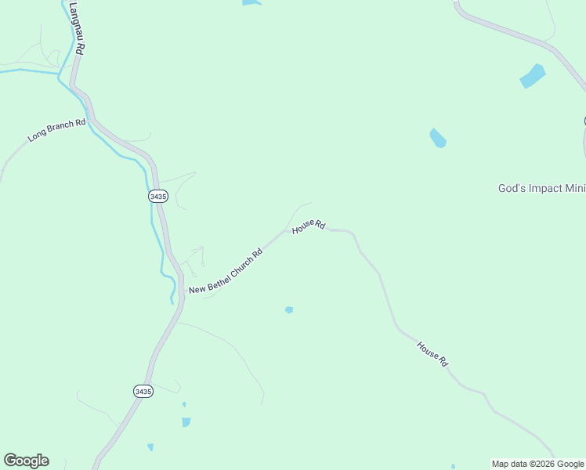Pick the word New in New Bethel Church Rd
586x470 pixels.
197,289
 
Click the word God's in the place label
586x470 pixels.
512,188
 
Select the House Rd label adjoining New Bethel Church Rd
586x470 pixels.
309,226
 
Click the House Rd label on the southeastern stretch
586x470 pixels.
432,354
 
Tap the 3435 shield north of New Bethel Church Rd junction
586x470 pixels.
158,196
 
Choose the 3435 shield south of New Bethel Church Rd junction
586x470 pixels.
143,391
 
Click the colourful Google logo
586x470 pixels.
26,461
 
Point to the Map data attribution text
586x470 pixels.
514,464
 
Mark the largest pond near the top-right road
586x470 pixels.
533,76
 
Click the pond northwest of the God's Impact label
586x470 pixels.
437,138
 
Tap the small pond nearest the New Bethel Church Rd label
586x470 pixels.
289,310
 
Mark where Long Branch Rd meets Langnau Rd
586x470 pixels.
92,119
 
